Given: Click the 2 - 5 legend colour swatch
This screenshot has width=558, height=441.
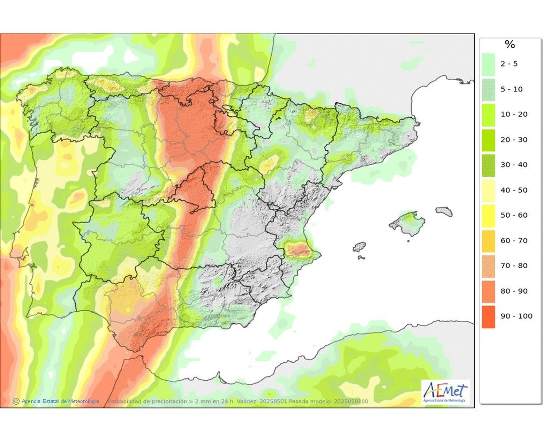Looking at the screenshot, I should [x=488, y=65].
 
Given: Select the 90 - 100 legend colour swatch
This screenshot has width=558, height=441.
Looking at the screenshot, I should [x=488, y=317].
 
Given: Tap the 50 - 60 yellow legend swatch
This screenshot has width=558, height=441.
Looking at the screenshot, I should [x=488, y=216].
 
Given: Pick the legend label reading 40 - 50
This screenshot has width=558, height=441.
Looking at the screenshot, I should [x=514, y=190].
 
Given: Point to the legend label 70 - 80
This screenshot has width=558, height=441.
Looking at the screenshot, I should [x=514, y=266].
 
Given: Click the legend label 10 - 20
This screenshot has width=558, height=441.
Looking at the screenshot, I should [x=514, y=114].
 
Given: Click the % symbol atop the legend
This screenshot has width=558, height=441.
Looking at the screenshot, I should [x=510, y=44].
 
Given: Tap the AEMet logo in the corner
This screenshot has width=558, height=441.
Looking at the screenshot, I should [x=445, y=392].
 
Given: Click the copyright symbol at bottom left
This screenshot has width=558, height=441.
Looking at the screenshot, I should [x=16, y=401].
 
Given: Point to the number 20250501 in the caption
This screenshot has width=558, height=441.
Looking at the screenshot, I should [x=273, y=401].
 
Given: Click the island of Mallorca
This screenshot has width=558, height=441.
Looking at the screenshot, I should [x=407, y=222].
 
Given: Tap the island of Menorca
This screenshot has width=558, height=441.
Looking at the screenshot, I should [x=444, y=211].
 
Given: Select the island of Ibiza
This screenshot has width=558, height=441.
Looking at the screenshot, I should [x=359, y=247].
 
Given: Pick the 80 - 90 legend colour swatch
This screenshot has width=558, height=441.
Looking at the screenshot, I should [x=488, y=291].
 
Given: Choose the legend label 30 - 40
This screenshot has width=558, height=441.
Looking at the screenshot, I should [x=514, y=165].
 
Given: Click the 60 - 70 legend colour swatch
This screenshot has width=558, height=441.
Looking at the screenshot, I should [x=488, y=241].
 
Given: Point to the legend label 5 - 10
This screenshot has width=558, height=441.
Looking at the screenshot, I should [x=512, y=89].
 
